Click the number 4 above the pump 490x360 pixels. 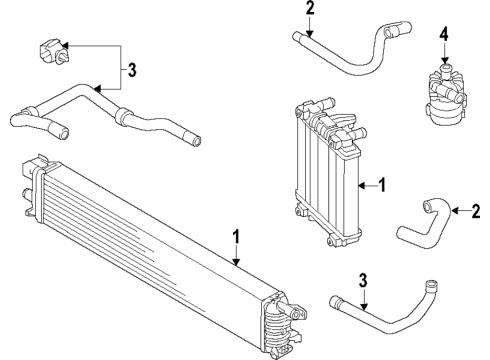click(444, 35)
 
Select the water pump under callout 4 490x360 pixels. click(445, 95)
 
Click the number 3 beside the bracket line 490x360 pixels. click(132, 70)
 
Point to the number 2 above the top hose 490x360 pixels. click(310, 8)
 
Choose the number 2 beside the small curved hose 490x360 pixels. click(476, 211)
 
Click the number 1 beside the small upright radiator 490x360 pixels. click(382, 185)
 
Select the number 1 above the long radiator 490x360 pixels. click(236, 236)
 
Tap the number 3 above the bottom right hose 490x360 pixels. click(363, 281)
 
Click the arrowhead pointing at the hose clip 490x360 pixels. click(63, 45)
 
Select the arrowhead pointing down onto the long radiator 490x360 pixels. click(236, 262)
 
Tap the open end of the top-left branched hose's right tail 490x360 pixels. click(197, 141)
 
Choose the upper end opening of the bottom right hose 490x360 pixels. click(432, 285)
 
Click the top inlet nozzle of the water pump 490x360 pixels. click(444, 69)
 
